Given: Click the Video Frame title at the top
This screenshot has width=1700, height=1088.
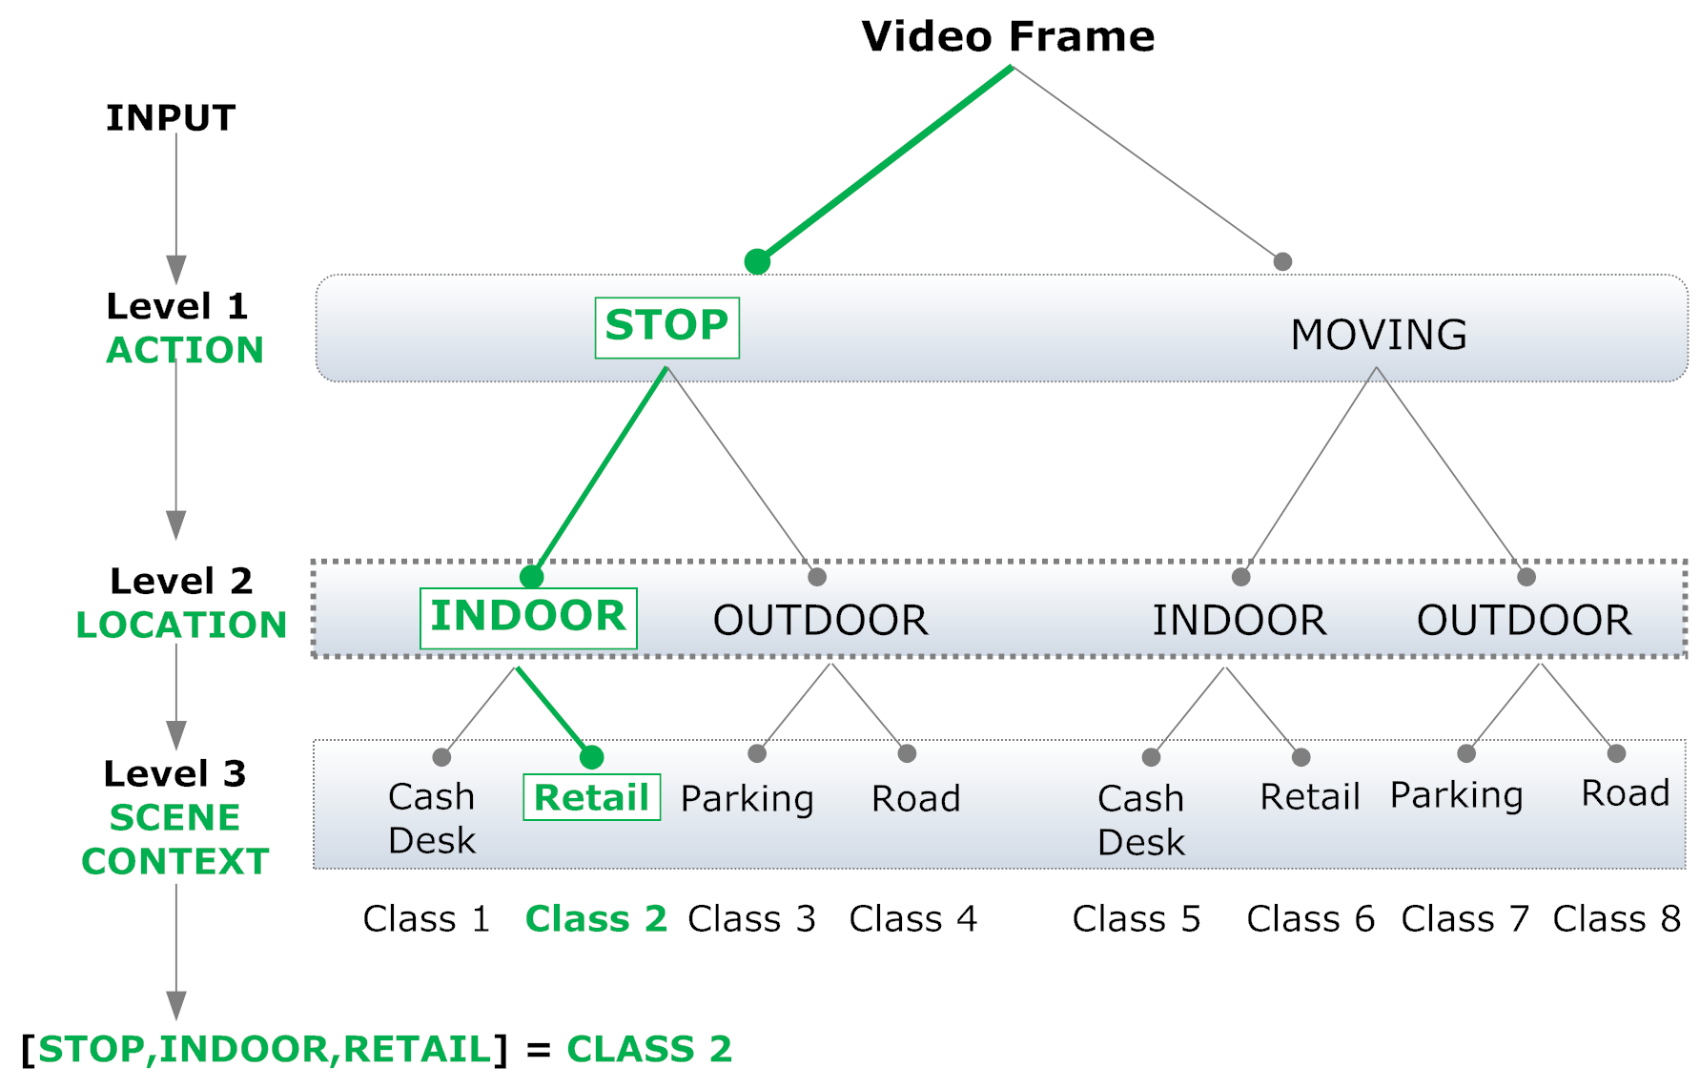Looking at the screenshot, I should (1008, 37).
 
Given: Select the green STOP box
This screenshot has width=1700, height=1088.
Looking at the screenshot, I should (666, 327).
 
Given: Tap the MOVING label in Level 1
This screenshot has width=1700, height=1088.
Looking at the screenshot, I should (1378, 335).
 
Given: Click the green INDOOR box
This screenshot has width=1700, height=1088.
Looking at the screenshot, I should (528, 618).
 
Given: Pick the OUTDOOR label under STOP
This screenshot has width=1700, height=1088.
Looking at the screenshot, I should (820, 621).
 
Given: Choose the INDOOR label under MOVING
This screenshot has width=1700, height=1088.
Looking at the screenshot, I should (1239, 621).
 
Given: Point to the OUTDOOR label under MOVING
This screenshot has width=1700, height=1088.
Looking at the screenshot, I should (1524, 621).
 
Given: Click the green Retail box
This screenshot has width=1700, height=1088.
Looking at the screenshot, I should (591, 797).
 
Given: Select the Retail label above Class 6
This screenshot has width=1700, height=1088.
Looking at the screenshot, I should (1309, 797).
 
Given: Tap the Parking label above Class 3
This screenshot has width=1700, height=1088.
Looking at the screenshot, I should (748, 799).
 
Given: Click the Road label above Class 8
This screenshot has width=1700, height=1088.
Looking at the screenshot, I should (1625, 793).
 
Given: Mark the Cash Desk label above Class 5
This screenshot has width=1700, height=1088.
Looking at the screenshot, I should (1140, 820).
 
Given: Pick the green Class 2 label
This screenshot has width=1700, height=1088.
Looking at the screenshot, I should (596, 919).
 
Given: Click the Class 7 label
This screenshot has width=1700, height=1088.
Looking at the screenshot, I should (1464, 919).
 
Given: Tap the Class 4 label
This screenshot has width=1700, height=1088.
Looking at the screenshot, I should (912, 919).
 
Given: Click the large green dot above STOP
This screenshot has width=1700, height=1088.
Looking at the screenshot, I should (757, 261).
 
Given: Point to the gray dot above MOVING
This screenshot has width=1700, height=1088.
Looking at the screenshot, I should (1282, 261).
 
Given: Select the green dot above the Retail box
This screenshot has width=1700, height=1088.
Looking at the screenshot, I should (591, 757).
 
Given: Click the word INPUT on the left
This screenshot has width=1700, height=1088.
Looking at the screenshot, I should (171, 118).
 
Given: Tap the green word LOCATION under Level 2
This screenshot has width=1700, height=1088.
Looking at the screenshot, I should (181, 626).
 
